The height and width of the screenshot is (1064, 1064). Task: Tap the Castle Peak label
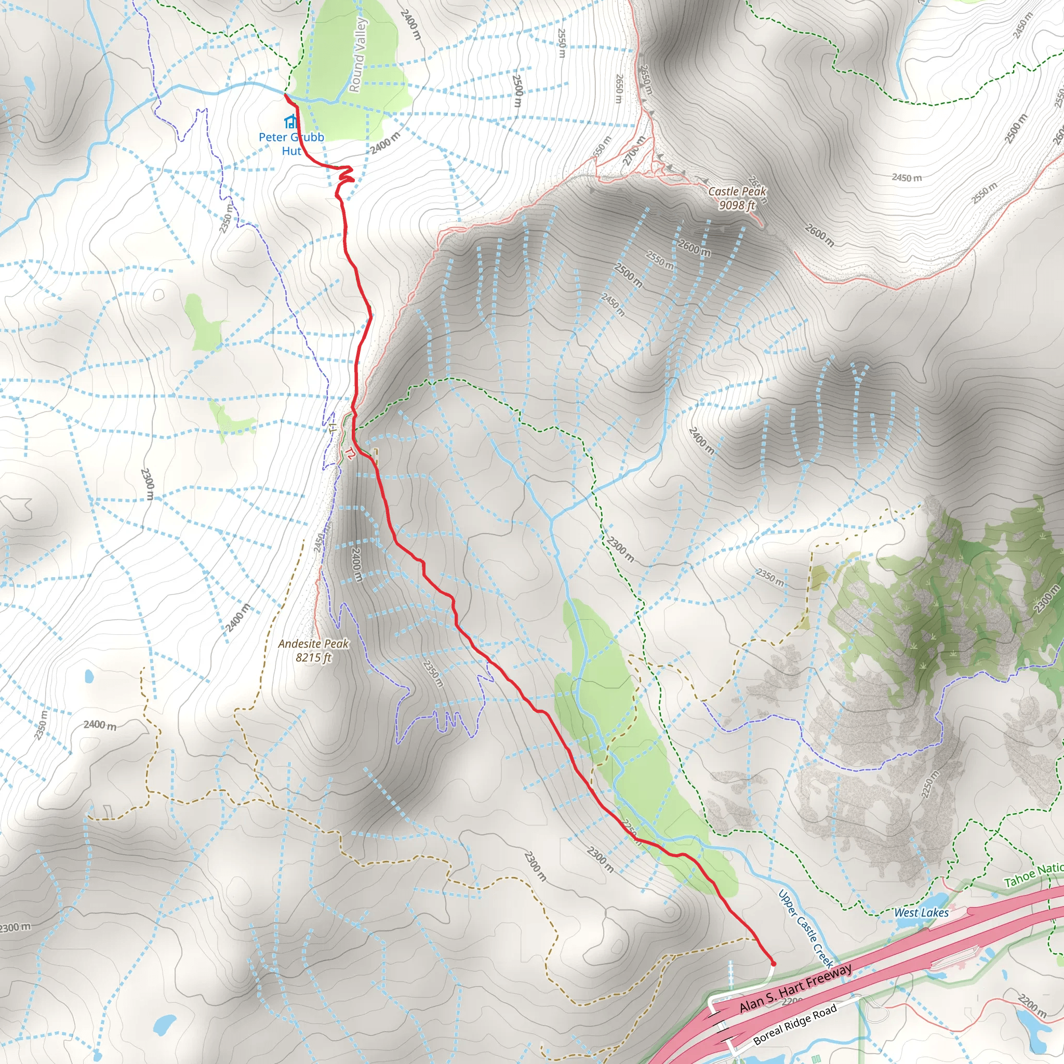coord(737,192)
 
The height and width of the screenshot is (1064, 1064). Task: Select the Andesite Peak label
coord(313,644)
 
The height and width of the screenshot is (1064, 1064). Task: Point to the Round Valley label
coord(357,55)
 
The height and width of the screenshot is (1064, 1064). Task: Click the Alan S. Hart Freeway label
coord(795,989)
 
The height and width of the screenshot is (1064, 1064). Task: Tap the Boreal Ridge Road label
coord(795,1025)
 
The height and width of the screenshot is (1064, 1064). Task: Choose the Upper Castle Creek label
coord(805,928)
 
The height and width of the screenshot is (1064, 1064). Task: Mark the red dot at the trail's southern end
coord(773,963)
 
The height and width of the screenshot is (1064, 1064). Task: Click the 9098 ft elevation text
coord(737,205)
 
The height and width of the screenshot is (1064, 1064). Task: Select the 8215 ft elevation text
coord(313,658)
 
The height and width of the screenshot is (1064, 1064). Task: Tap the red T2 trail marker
coord(350,453)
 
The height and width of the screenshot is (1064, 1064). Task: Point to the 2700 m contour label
coord(633,150)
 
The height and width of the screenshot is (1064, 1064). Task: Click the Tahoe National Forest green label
coord(1033,875)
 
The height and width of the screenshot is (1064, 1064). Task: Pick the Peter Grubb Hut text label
coord(291,144)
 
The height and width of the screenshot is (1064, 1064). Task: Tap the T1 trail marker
coord(332,428)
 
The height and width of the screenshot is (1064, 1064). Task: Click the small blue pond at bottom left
coord(164,1025)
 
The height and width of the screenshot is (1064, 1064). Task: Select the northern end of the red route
coord(286,95)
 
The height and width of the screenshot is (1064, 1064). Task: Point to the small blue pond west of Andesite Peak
coord(89,675)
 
